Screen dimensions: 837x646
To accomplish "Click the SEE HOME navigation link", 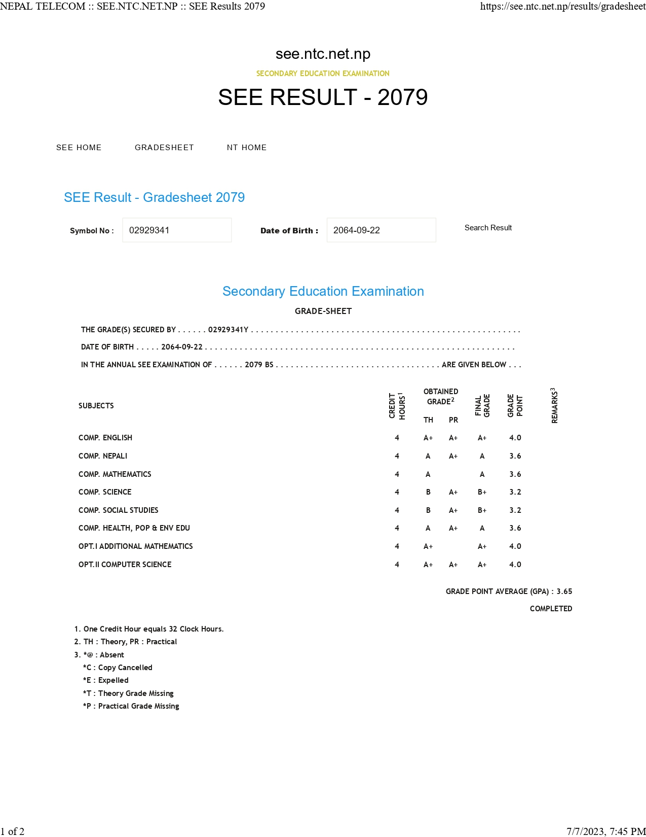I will (x=79, y=148).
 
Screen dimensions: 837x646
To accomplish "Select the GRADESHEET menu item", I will (x=164, y=148).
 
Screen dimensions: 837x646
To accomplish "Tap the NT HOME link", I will (x=247, y=148).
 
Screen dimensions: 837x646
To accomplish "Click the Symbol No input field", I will (x=177, y=230).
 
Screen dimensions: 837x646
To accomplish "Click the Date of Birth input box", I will (x=381, y=230).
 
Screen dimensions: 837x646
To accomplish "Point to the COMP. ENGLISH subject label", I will (x=105, y=438).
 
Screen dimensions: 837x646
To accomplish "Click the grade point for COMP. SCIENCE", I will (x=515, y=492).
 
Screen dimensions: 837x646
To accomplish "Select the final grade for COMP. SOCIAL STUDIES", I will (x=482, y=510).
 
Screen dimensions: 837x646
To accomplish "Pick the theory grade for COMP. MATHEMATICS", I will (x=428, y=474).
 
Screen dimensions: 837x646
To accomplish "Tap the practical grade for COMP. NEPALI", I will (x=453, y=456).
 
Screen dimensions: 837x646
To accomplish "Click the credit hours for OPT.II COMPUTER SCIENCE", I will (x=397, y=565).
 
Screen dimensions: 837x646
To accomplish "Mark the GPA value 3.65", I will (x=564, y=591).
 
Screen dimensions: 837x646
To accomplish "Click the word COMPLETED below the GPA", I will (x=551, y=609).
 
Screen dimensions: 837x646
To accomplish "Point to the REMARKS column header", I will (x=554, y=406).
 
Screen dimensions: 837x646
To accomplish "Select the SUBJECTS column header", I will (x=96, y=406).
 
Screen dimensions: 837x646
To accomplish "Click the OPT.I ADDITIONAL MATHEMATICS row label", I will (x=136, y=546).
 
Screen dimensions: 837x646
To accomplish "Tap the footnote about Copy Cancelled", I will (x=118, y=668).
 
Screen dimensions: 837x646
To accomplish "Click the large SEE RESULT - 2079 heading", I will (x=323, y=97).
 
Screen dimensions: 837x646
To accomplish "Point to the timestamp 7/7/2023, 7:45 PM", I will (x=606, y=831).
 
